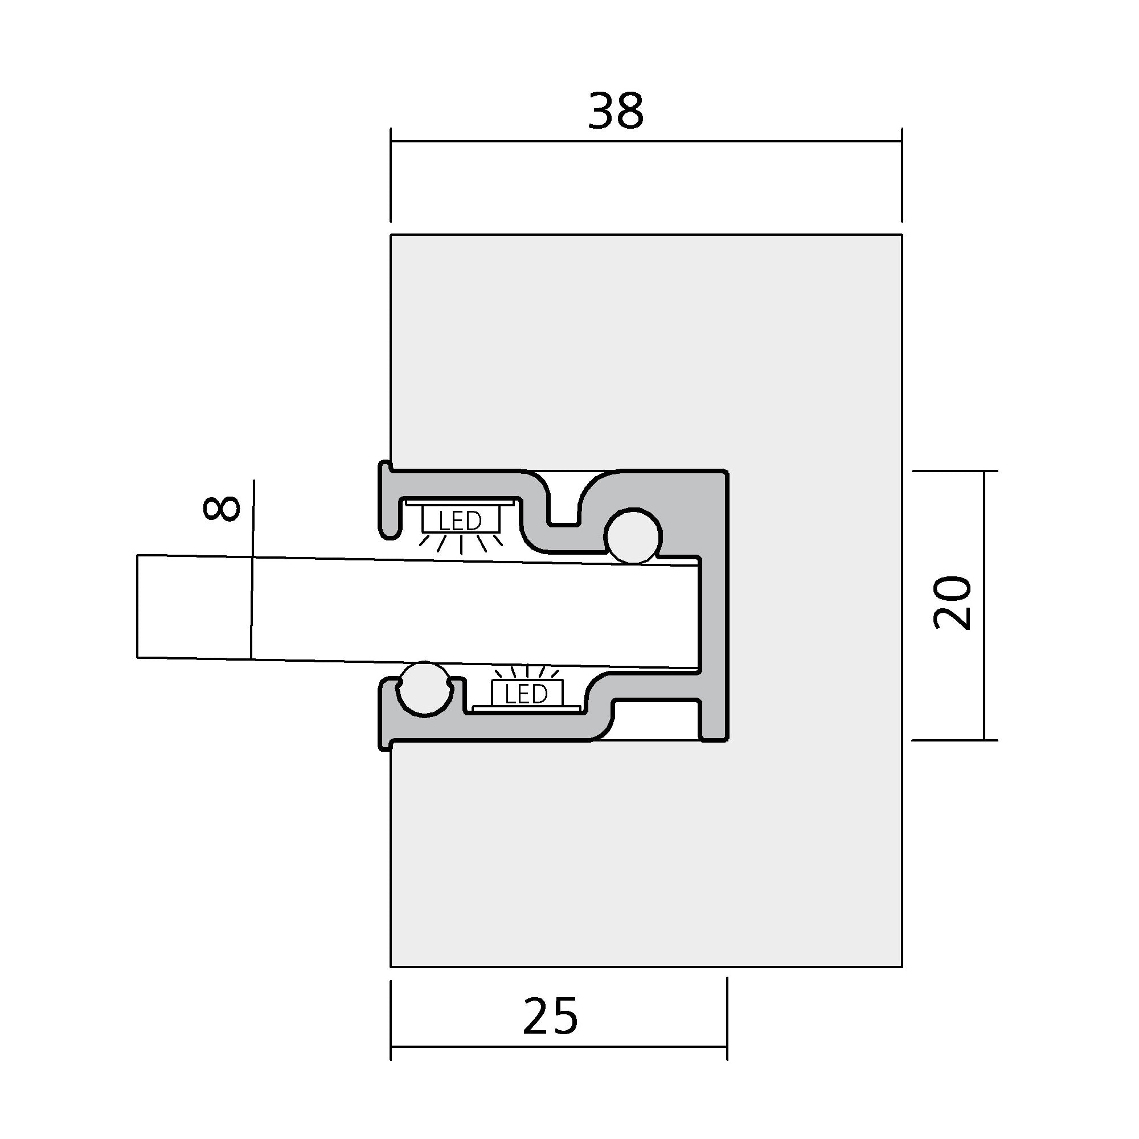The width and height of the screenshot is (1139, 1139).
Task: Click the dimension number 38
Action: coord(616,112)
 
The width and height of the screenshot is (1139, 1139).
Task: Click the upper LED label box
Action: coord(460,520)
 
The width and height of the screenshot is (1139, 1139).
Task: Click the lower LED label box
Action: coord(526,693)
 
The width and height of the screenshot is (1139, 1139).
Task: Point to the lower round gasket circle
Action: coord(424,689)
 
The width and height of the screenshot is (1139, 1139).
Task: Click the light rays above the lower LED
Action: coord(526,671)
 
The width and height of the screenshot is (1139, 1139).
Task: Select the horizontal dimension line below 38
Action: coord(646,141)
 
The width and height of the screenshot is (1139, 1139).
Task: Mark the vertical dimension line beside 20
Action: coord(984,605)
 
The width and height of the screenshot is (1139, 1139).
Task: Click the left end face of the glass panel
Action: coord(138,605)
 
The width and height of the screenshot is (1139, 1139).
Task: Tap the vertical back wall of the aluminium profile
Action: coord(714,607)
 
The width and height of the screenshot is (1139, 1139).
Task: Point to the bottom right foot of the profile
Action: coord(714,722)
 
